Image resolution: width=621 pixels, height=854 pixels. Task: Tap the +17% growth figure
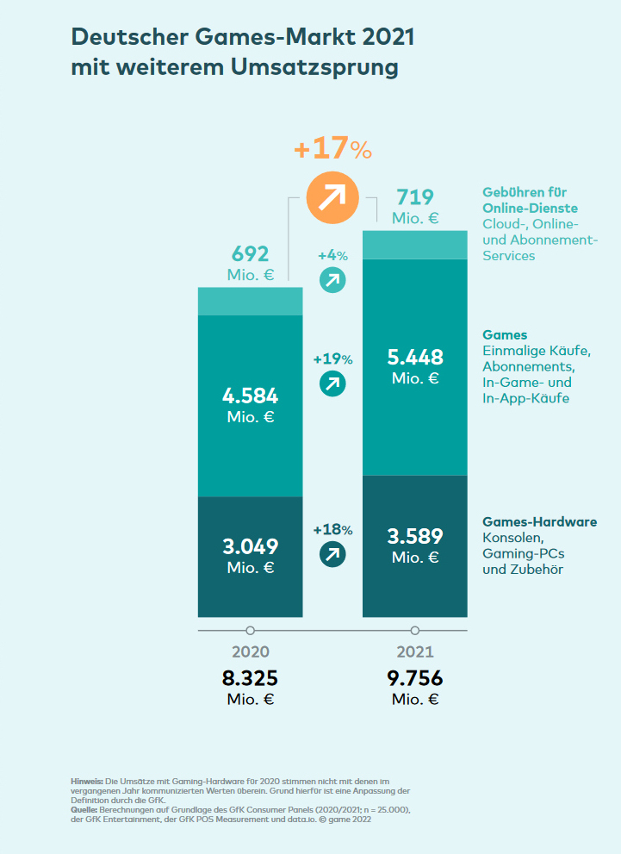pos(332,148)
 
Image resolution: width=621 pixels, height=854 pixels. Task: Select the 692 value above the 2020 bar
pos(250,254)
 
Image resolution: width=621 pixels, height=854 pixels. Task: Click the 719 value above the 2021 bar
pos(415,197)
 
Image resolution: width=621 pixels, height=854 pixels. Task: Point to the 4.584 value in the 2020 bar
pos(250,396)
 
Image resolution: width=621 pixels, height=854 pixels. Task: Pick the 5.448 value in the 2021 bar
pos(415,358)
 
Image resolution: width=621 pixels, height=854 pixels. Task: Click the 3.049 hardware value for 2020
pos(250,546)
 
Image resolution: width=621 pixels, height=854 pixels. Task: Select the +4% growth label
pos(332,256)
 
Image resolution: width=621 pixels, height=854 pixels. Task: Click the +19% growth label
pos(332,359)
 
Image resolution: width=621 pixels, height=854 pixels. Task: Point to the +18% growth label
pos(332,530)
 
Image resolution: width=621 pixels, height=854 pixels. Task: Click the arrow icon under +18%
pos(332,554)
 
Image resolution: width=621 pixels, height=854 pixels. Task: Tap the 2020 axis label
pos(250,652)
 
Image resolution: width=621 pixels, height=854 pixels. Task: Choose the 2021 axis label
pos(415,652)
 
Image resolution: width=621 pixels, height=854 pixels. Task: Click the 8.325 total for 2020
pos(250,678)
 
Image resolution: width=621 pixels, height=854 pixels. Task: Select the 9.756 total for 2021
pos(415,678)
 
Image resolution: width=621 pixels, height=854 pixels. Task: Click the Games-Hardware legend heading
pos(539,522)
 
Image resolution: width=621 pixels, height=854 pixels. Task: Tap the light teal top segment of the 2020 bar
pos(250,301)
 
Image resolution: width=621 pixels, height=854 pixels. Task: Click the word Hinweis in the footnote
pos(87,780)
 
